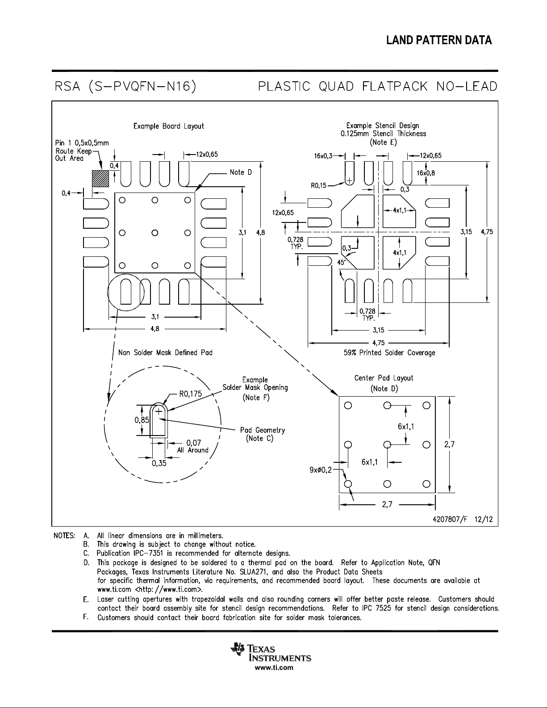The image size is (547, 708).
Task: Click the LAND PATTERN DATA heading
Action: (439, 40)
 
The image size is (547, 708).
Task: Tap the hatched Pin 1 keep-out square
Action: (100, 179)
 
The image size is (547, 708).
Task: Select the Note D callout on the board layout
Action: (241, 172)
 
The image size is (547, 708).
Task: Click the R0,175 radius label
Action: (191, 394)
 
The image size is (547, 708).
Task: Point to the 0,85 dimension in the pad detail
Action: (142, 420)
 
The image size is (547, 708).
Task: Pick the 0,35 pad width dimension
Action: (159, 463)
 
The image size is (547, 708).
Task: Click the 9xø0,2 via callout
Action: (321, 470)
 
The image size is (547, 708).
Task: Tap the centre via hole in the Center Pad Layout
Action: (387, 444)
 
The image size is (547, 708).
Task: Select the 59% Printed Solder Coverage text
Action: (389, 352)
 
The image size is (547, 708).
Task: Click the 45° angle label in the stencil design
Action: (341, 262)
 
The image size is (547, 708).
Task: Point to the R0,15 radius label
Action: (318, 186)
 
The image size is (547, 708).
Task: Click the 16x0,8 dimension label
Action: (426, 173)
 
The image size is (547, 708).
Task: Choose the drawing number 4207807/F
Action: (450, 519)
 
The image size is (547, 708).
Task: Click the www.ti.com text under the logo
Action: (274, 668)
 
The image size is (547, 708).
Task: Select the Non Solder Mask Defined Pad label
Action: (165, 352)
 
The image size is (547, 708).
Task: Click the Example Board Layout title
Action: (169, 126)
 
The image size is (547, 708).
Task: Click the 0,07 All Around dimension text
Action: (193, 446)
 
